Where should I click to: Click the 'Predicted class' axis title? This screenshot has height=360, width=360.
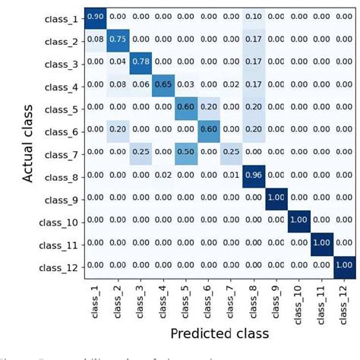point(219,334)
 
